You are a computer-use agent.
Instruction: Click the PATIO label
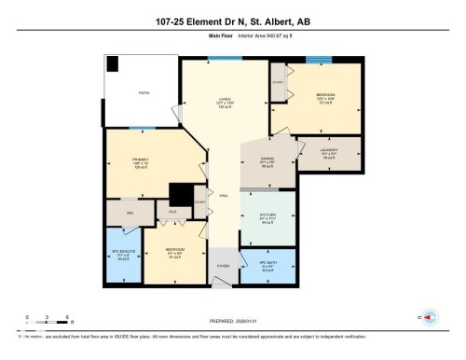coord(144,93)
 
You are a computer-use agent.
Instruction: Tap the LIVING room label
coord(224,104)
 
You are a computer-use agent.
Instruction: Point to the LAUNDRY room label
coord(328,150)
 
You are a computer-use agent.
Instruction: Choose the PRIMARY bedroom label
coord(141,160)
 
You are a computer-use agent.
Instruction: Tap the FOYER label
coord(223,266)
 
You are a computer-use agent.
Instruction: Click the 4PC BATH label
coord(267,265)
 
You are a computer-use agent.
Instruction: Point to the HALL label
coord(224,196)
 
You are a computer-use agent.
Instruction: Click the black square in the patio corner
coord(113,63)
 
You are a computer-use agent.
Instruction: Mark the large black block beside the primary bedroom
coord(179,193)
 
